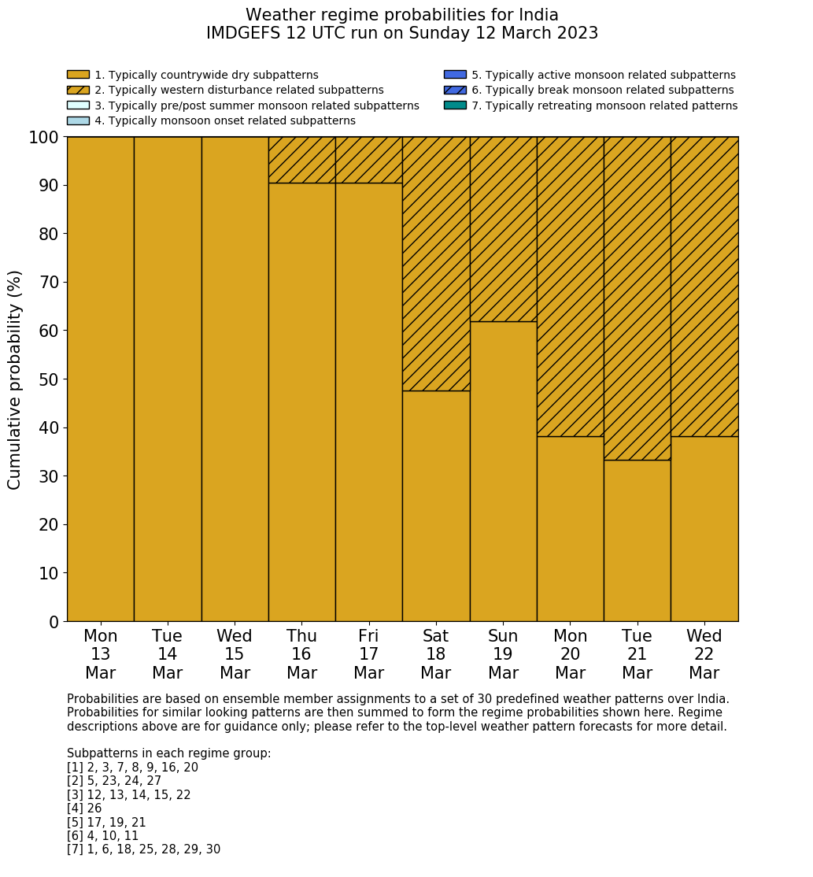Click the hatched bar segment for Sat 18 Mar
[x=436, y=263]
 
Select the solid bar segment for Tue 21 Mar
[x=637, y=540]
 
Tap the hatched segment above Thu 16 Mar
[x=301, y=160]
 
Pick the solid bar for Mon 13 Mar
[x=100, y=379]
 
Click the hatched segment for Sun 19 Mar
[x=503, y=228]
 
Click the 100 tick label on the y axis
[x=43, y=138]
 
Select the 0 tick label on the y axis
[x=54, y=623]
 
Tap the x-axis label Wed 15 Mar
[x=235, y=654]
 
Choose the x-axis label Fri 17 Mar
[x=368, y=654]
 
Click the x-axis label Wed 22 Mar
[x=704, y=654]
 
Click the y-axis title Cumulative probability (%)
[x=15, y=379]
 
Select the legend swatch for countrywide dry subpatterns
[x=78, y=75]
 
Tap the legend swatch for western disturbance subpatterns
[x=78, y=90]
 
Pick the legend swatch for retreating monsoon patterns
[x=455, y=105]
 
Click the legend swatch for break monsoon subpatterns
[x=455, y=90]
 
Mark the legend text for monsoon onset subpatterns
[x=225, y=120]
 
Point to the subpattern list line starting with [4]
[x=84, y=809]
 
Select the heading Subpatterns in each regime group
[x=168, y=753]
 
